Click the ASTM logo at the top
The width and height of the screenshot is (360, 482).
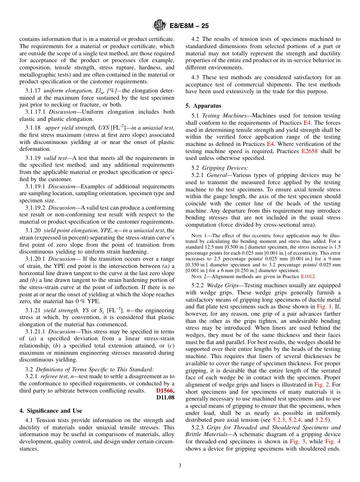pyautogui.click(x=159, y=25)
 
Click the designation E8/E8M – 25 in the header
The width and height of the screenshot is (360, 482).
pyautogui.click(x=188, y=26)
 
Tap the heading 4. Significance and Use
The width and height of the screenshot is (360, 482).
pyautogui.click(x=51, y=410)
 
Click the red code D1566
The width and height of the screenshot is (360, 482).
pyautogui.click(x=164, y=390)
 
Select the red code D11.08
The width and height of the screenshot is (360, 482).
pyautogui.click(x=165, y=397)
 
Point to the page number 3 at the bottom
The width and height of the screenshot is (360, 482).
pyautogui.click(x=180, y=465)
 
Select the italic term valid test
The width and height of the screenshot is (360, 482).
pyautogui.click(x=56, y=158)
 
